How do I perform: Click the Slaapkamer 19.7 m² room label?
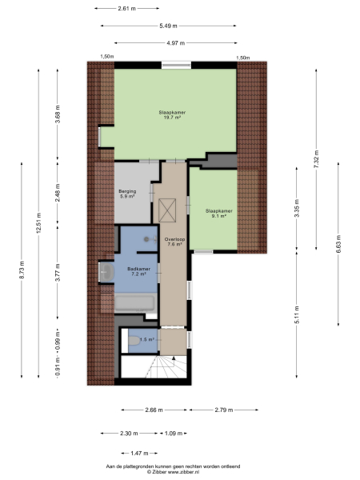[x=169, y=114]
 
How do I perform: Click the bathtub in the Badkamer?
[x=137, y=303]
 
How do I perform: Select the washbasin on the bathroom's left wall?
[x=106, y=274]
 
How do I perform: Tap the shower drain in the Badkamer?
[x=146, y=238]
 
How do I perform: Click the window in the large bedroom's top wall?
[x=174, y=65]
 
